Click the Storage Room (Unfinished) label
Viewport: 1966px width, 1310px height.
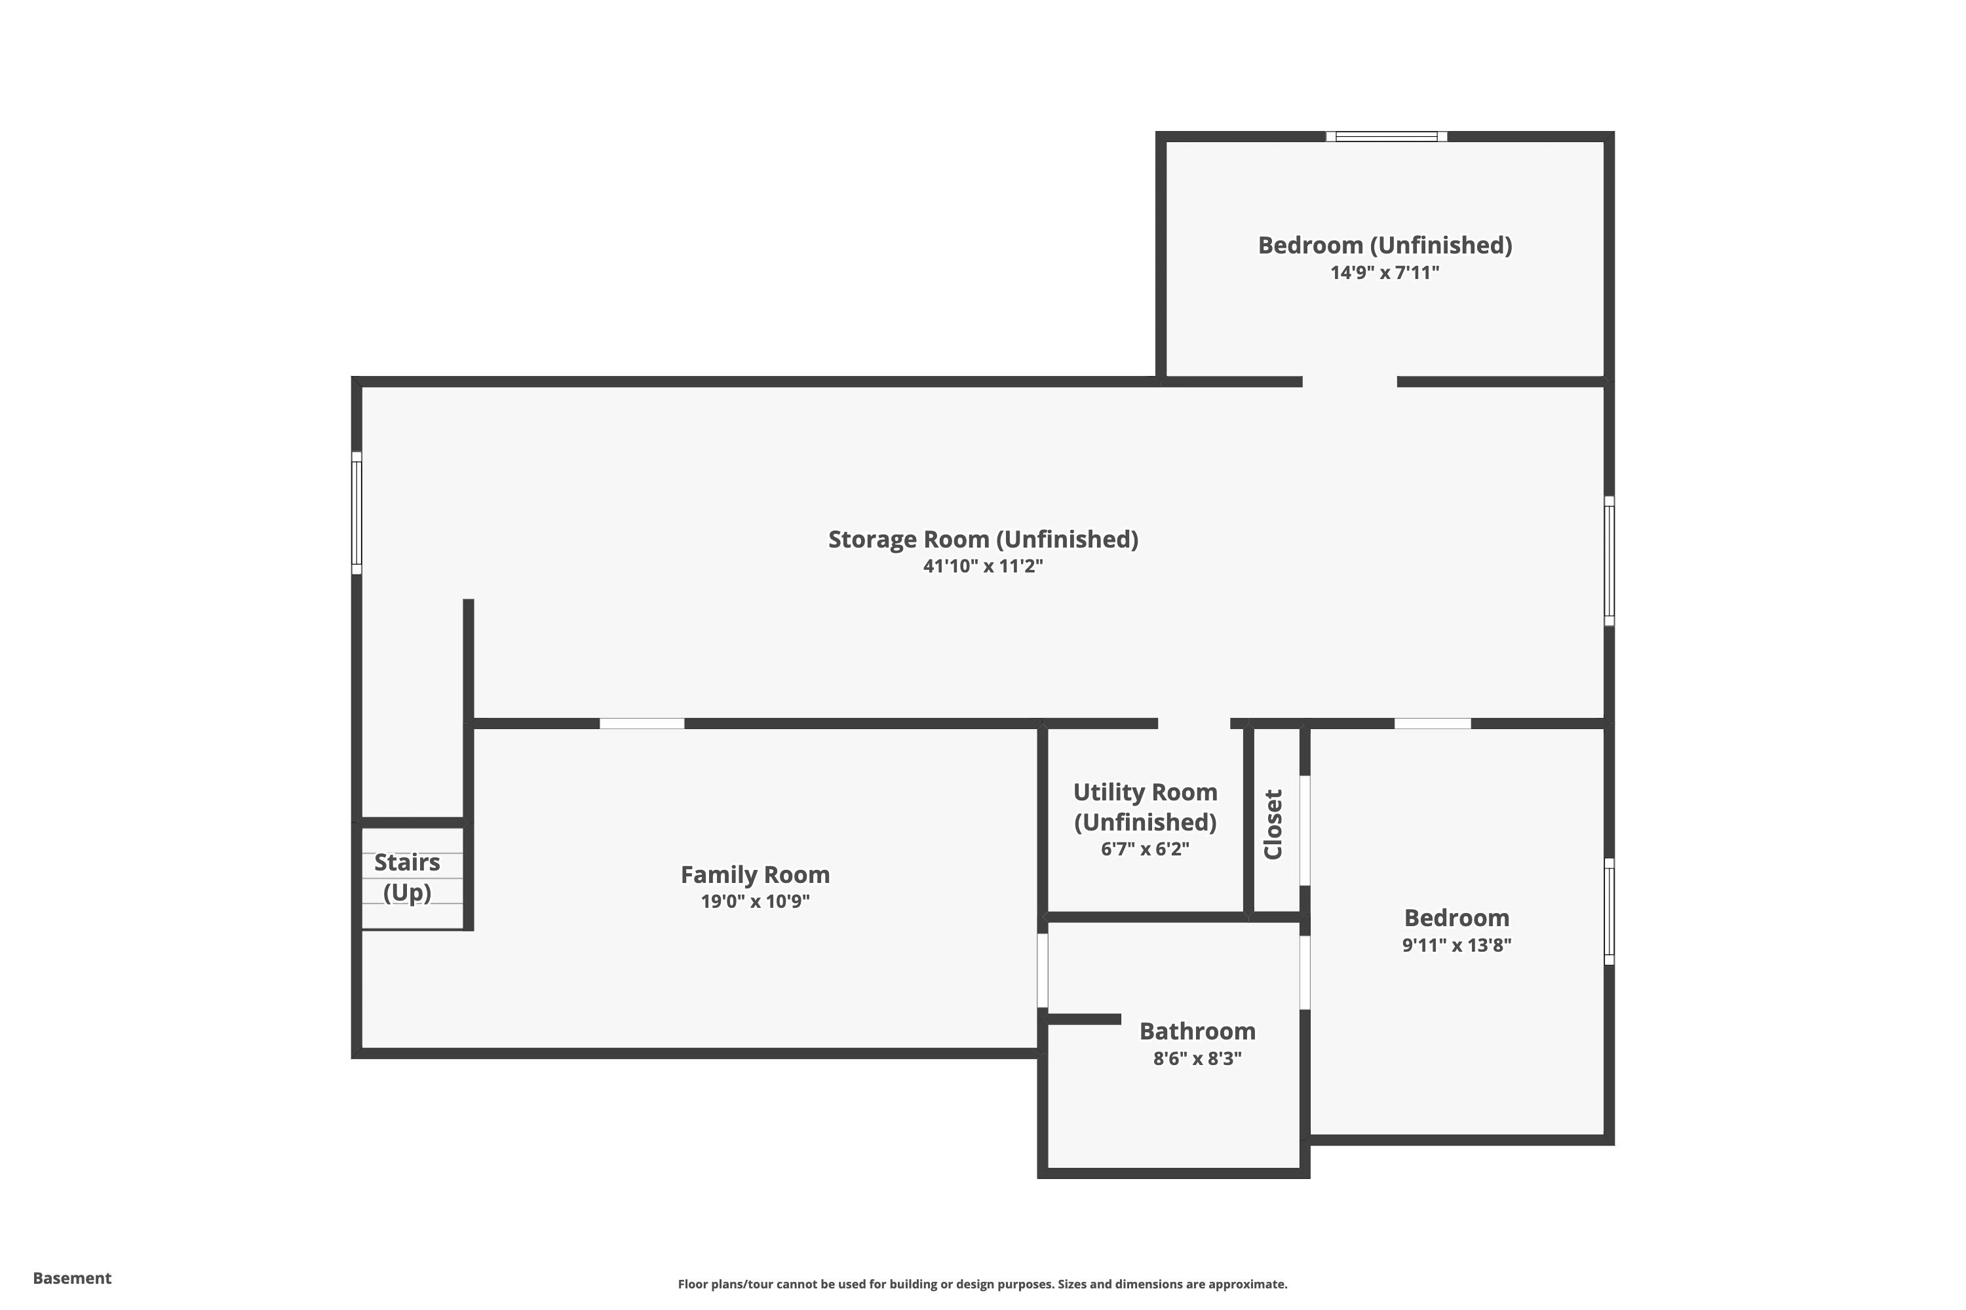click(x=983, y=540)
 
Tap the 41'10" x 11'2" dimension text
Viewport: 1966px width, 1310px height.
click(x=983, y=567)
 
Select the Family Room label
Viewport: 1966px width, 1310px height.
click(x=755, y=874)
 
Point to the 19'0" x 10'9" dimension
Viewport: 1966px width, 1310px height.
click(x=755, y=901)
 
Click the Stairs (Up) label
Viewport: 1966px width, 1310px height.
click(x=407, y=877)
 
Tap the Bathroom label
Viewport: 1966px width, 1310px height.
click(x=1197, y=1031)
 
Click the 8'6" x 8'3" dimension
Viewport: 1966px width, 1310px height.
click(x=1197, y=1058)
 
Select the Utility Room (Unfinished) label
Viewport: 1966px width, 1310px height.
click(x=1145, y=807)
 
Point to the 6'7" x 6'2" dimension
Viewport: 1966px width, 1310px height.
click(x=1145, y=849)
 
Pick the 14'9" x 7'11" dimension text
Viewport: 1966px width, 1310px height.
click(x=1385, y=272)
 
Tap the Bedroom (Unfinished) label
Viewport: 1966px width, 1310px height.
click(x=1385, y=246)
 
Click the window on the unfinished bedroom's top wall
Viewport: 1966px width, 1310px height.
click(x=1387, y=136)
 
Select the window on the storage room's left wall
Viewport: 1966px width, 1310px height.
click(x=356, y=513)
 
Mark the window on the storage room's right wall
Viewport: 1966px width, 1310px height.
click(x=1609, y=561)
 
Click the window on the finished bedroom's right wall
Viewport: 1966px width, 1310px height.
click(x=1609, y=912)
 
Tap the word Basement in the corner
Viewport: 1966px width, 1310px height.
click(x=72, y=1279)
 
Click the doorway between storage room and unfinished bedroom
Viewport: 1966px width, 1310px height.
click(x=1350, y=382)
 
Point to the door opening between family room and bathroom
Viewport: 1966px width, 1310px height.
click(x=1043, y=970)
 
